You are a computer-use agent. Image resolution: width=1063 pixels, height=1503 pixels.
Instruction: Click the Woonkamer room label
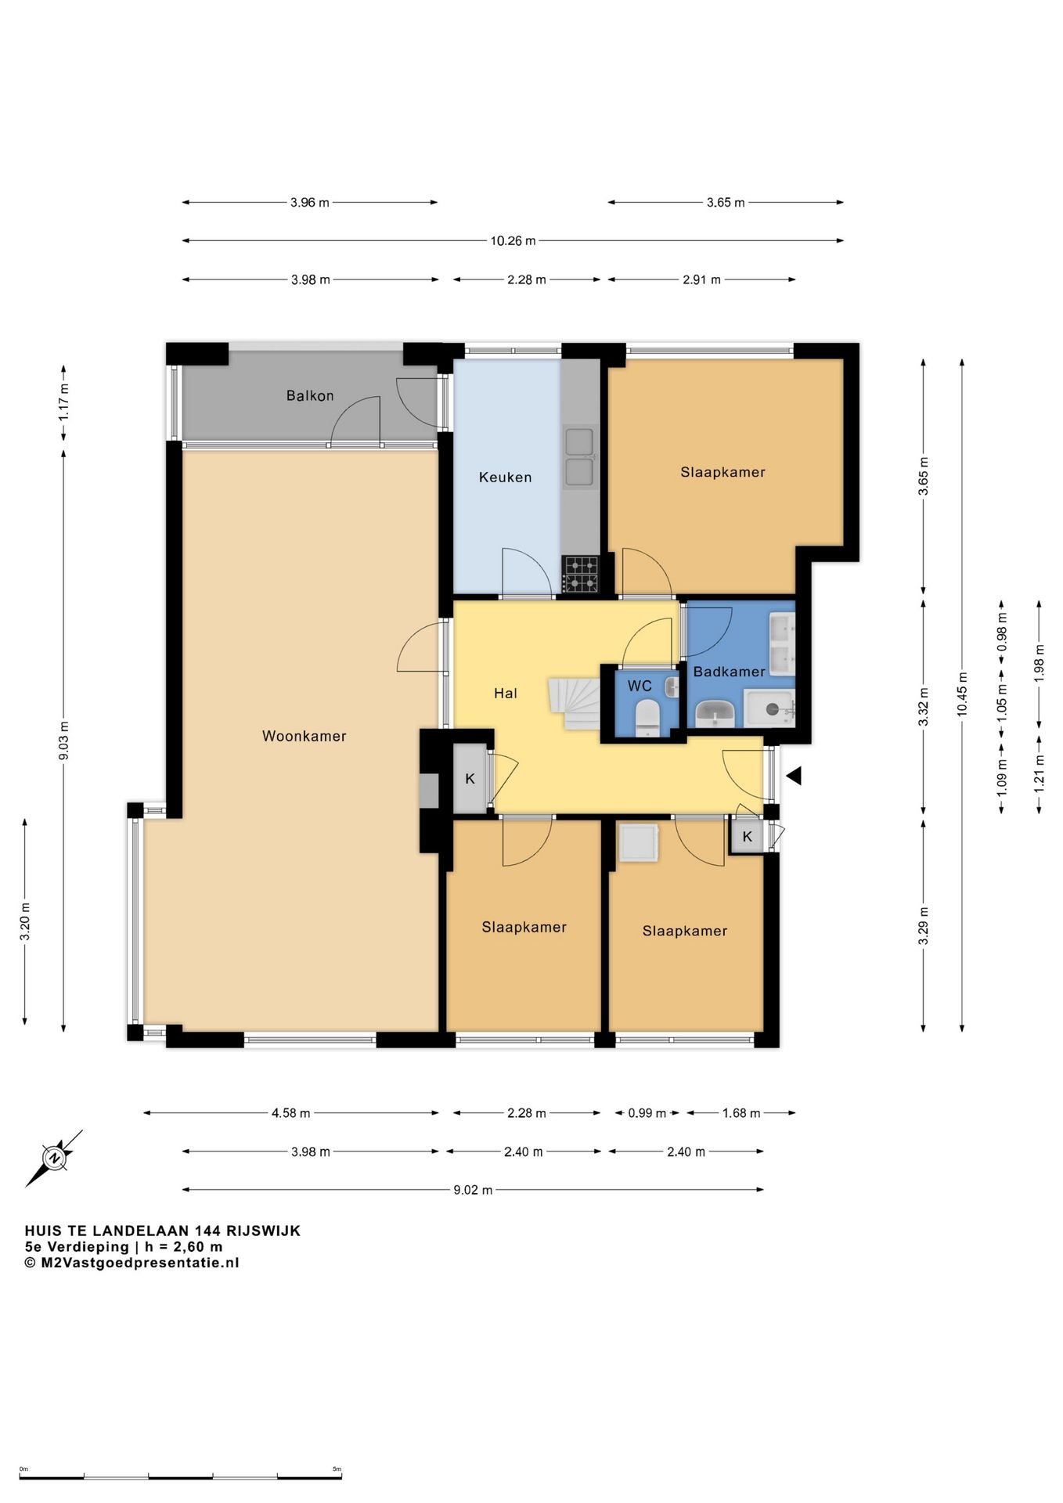pos(304,736)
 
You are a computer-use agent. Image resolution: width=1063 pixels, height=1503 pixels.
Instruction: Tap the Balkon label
pos(310,395)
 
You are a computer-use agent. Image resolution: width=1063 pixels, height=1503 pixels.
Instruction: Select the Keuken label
pos(505,477)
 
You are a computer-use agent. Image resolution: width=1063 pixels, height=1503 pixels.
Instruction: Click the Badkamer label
pos(729,672)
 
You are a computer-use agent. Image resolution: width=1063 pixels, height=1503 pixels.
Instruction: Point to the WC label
pos(640,686)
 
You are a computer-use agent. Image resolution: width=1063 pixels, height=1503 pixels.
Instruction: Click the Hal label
pos(505,693)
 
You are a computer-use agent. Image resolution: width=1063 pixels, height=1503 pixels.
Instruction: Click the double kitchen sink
pos(579,456)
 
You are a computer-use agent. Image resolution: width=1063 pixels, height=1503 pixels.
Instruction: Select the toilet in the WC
pos(647,716)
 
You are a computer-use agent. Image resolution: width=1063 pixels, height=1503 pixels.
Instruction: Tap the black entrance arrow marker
pos(794,776)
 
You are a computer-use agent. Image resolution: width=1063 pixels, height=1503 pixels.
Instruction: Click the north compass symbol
pos(54,1158)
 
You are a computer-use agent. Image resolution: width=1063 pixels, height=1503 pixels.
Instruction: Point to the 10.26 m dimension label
pos(513,241)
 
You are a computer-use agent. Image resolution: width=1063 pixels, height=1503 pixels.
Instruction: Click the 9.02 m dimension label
pos(473,1190)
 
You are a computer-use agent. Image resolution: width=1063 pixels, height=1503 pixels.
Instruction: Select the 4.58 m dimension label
pos(290,1112)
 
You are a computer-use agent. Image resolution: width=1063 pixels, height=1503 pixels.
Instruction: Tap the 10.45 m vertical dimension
pos(962,694)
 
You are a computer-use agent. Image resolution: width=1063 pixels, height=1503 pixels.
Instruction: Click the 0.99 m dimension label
pos(647,1112)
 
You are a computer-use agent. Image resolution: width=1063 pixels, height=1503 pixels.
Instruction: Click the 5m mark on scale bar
pos(337,1469)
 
